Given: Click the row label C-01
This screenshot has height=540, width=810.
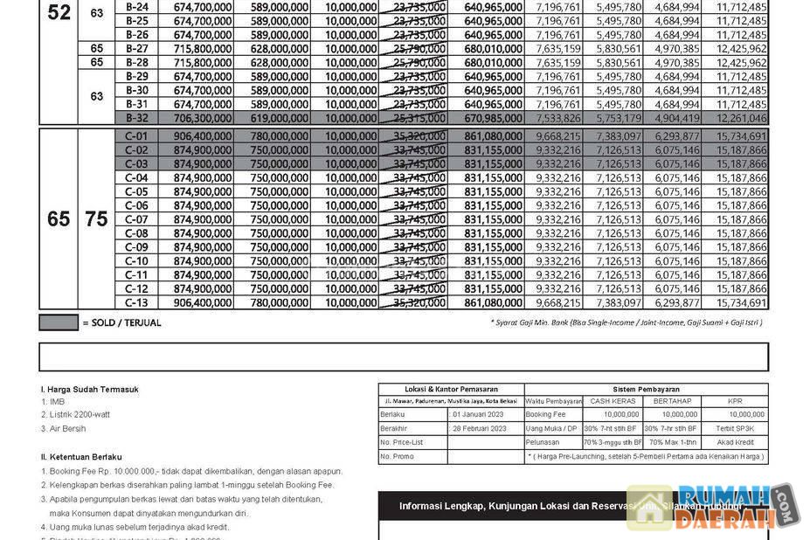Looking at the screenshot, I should [x=136, y=136].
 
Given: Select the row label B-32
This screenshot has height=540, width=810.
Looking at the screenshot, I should [x=136, y=119].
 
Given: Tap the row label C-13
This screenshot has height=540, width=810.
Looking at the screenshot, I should [x=136, y=303].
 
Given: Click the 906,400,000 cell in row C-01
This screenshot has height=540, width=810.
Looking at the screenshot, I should [x=203, y=136].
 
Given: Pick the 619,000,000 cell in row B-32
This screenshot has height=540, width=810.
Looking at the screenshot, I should [x=280, y=119].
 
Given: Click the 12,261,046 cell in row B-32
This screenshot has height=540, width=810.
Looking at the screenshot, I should [x=741, y=119].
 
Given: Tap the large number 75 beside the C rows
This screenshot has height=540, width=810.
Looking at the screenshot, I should [x=96, y=219].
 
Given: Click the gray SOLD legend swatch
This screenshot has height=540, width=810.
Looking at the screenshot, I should [x=59, y=323].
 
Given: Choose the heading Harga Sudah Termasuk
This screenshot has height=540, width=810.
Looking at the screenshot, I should [x=89, y=390].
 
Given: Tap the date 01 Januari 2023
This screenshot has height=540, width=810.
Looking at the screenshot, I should [x=480, y=414].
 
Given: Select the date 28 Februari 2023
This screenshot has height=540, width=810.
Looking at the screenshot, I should [x=480, y=428].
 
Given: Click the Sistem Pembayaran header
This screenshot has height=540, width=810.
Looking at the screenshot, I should [x=647, y=390].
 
